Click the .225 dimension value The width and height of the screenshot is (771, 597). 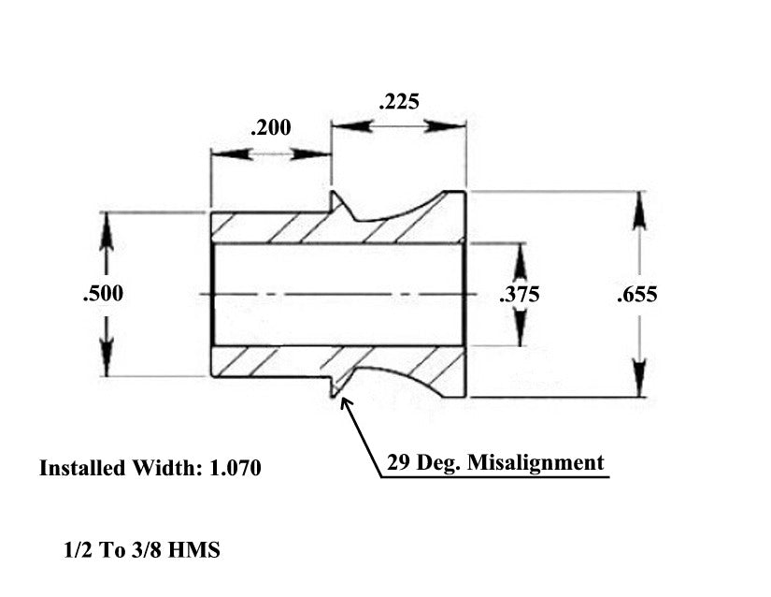pyautogui.click(x=399, y=101)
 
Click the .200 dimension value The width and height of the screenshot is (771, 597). pyautogui.click(x=270, y=127)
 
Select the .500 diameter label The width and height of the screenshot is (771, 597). pyautogui.click(x=103, y=293)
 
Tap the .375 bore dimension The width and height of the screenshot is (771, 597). pyautogui.click(x=520, y=295)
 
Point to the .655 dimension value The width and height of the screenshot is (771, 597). pyautogui.click(x=637, y=295)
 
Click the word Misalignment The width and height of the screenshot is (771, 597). pyautogui.click(x=535, y=463)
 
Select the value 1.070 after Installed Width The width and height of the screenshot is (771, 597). pyautogui.click(x=235, y=468)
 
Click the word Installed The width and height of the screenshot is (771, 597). pyautogui.click(x=82, y=468)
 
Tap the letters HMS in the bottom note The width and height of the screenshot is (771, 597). pyautogui.click(x=193, y=550)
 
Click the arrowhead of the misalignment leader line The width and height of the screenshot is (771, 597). pyautogui.click(x=346, y=403)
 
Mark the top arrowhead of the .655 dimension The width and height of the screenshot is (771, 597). pyautogui.click(x=638, y=210)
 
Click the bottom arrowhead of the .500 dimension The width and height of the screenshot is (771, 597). pyautogui.click(x=107, y=357)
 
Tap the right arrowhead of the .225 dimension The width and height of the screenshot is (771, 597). pyautogui.click(x=446, y=126)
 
